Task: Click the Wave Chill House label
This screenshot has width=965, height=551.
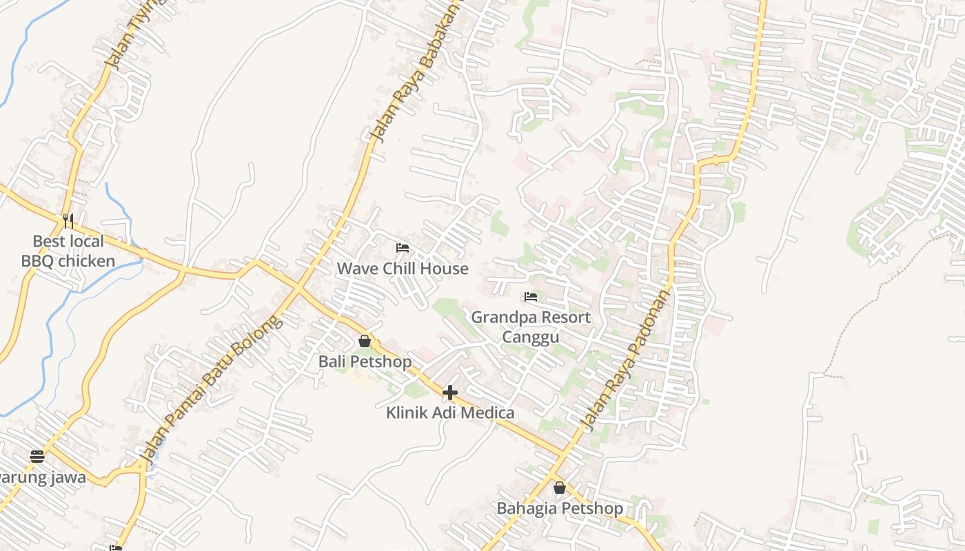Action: click(x=403, y=269)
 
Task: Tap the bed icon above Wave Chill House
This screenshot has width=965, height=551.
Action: click(x=403, y=248)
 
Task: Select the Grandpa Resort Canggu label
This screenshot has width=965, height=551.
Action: click(x=531, y=327)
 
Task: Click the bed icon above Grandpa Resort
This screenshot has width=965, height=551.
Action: click(x=531, y=297)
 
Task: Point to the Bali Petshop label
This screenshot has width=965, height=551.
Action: click(x=365, y=362)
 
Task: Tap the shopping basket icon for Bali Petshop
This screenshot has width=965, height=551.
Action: click(x=365, y=341)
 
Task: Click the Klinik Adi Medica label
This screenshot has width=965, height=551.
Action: click(x=450, y=413)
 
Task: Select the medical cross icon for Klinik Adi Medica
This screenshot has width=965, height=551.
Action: click(x=450, y=393)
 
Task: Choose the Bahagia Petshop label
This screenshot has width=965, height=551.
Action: click(x=560, y=508)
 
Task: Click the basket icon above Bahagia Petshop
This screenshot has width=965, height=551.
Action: click(x=560, y=488)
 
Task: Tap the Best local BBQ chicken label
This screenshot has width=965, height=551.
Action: click(x=68, y=251)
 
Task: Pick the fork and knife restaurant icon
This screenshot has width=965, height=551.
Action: click(x=68, y=220)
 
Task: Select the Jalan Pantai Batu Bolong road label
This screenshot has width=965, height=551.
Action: click(x=210, y=389)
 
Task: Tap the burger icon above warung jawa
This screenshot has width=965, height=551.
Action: click(x=37, y=456)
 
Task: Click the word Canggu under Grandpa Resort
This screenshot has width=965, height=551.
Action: click(x=531, y=337)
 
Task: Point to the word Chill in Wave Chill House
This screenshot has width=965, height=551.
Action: click(x=402, y=269)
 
